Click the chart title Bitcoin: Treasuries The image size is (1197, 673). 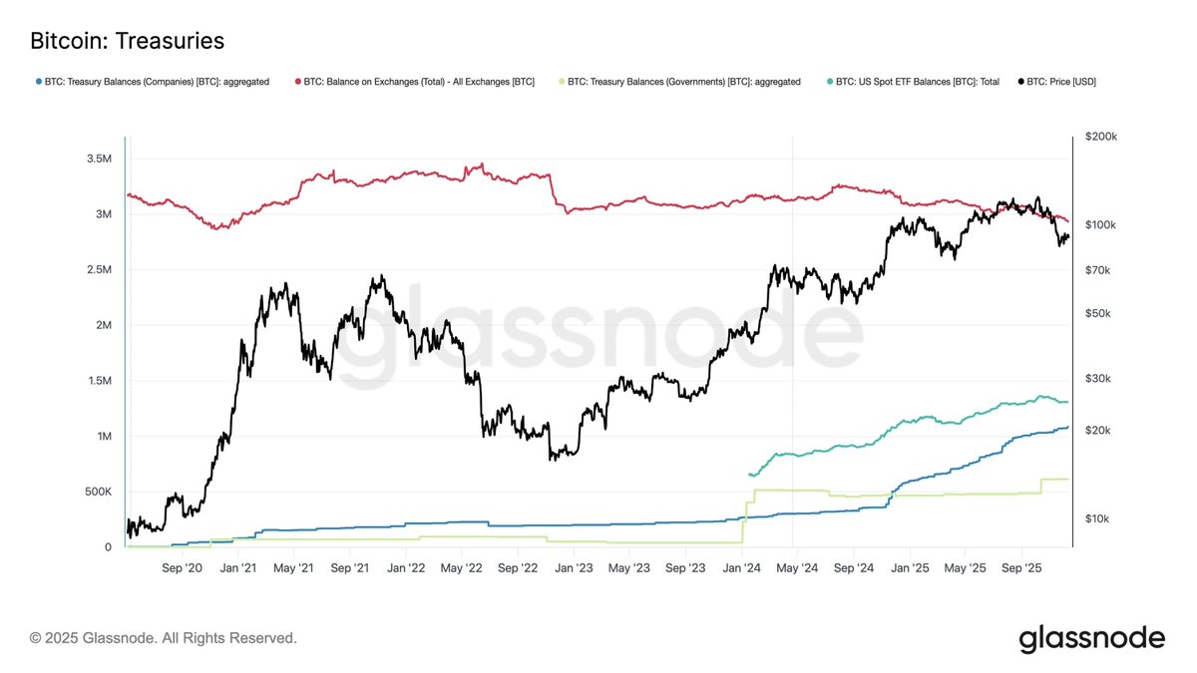[x=127, y=41]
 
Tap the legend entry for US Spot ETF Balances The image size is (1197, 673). [x=917, y=82]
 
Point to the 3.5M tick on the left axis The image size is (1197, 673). [x=97, y=159]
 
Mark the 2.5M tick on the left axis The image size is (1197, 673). [x=97, y=270]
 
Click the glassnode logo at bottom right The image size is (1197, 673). [x=1091, y=638]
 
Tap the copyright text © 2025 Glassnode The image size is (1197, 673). [x=163, y=637]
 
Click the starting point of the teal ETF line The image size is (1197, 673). [x=748, y=475]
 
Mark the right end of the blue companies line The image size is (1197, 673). [x=1067, y=427]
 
